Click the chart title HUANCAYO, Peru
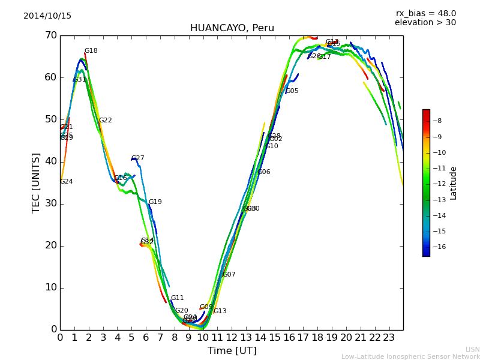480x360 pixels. point(232,28)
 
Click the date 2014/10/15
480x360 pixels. point(47,16)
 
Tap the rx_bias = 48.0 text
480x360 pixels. point(425,14)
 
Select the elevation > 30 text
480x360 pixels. point(425,23)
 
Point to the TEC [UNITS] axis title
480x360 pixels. point(36,182)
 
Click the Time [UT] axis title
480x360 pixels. point(232,351)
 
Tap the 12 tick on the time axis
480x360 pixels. point(232,338)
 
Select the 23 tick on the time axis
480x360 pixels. point(389,338)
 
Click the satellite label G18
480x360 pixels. point(91,51)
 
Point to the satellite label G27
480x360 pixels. point(138,158)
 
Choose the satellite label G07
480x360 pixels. point(229,275)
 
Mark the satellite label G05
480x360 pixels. point(292,91)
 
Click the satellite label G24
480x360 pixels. point(67,182)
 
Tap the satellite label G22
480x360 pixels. point(106,121)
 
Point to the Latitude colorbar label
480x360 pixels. point(454,183)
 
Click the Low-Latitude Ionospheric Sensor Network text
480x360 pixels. point(410,356)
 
